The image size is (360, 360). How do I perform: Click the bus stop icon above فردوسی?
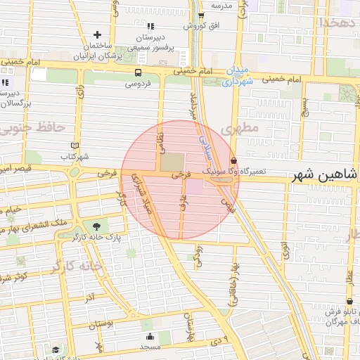click(137, 72)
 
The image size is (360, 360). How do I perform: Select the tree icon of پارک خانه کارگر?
click(95, 226)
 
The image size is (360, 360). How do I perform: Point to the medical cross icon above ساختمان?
click(98, 34)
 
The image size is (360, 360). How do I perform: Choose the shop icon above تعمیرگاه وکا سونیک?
click(233, 161)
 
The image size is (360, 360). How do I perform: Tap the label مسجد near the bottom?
click(150, 347)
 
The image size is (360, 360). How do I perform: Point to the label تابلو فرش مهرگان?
click(335, 316)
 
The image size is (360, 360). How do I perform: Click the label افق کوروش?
click(198, 26)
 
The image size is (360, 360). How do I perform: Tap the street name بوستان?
click(103, 323)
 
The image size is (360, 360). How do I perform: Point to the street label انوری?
click(284, 250)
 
